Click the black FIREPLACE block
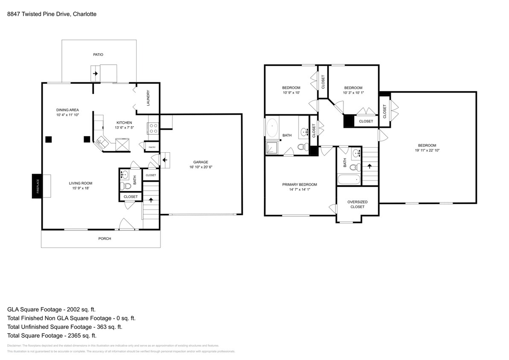37,186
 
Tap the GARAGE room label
201,162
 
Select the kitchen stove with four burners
153,128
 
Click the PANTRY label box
151,147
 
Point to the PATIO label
99,55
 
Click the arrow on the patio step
95,74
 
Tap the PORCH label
105,238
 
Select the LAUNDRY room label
148,98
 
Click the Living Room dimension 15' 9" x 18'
81,188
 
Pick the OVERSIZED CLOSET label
357,204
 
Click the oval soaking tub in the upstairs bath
272,127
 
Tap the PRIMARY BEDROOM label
300,185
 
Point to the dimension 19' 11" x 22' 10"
427,150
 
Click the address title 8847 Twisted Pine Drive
52,14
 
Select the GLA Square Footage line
55,309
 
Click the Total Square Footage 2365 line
58,336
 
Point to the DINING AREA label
67,110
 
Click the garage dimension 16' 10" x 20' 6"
201,167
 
